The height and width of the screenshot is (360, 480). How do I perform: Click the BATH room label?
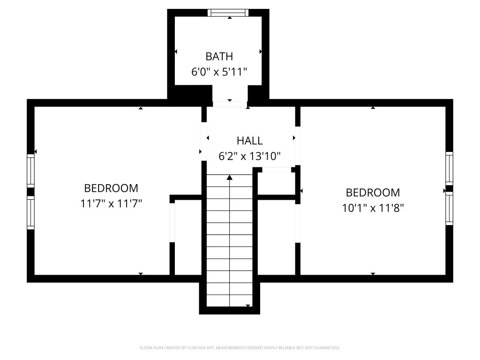click(219, 56)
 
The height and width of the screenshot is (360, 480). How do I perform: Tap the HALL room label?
click(249, 141)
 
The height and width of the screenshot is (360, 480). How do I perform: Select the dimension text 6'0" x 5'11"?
click(219, 72)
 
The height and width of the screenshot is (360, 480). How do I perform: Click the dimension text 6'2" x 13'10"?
click(249, 156)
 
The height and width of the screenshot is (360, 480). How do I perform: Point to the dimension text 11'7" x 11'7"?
click(111, 203)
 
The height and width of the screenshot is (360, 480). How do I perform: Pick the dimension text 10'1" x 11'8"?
click(373, 208)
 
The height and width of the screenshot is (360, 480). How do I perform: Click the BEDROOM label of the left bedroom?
click(111, 188)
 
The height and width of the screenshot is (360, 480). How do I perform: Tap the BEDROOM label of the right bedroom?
click(373, 193)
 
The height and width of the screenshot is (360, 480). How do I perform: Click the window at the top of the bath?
click(228, 13)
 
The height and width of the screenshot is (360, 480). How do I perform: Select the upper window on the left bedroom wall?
click(30, 171)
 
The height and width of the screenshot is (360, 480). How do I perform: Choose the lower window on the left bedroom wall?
click(30, 212)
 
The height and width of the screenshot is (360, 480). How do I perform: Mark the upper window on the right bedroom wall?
click(449, 168)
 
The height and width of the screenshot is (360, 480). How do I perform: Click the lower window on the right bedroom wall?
click(449, 209)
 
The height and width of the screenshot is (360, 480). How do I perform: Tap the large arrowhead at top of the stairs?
click(230, 178)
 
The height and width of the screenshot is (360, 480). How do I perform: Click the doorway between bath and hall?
click(230, 104)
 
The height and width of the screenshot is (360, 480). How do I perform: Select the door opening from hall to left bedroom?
click(204, 142)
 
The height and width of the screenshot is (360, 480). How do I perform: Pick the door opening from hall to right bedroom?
click(298, 146)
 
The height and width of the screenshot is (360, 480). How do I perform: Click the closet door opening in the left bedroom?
click(172, 223)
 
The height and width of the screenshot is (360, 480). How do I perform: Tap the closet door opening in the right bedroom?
click(298, 224)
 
